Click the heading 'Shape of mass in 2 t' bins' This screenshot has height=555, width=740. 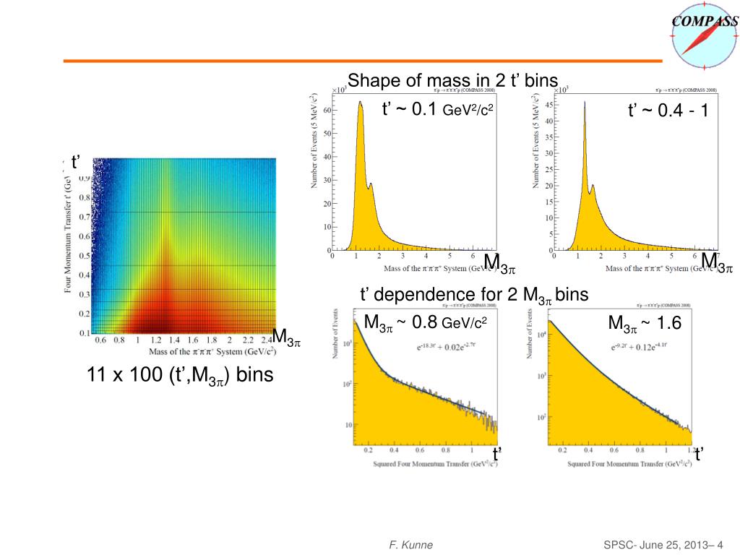453,80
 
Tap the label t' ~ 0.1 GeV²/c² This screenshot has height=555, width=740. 437,110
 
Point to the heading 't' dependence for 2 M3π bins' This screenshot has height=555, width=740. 474,295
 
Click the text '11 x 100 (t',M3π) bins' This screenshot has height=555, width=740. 180,376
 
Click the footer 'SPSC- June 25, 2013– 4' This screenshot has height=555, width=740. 663,545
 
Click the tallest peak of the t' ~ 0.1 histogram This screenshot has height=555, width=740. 360,103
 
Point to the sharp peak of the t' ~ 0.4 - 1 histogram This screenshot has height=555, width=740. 584,103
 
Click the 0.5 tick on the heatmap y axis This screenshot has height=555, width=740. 85,255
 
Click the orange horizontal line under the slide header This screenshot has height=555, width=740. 361,61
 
